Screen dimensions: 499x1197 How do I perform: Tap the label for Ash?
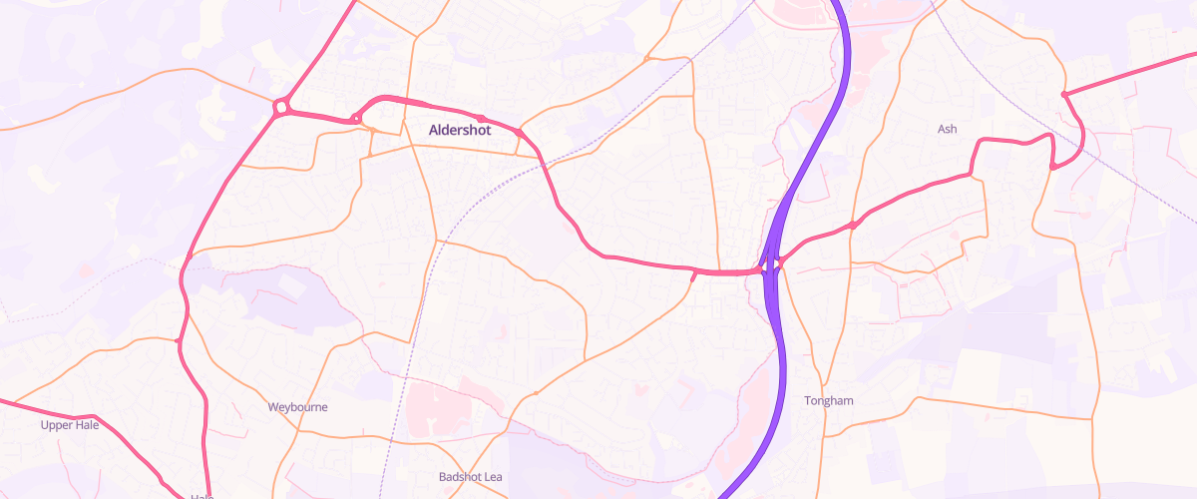[x=948, y=129]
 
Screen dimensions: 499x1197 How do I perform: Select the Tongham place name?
[x=829, y=401]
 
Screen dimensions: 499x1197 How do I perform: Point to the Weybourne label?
[x=298, y=407]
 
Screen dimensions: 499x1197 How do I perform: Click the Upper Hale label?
[x=70, y=425]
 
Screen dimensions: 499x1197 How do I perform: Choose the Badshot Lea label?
[x=471, y=477]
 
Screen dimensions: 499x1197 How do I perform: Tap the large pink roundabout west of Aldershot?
[x=281, y=106]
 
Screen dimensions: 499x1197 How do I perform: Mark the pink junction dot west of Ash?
[x=854, y=226]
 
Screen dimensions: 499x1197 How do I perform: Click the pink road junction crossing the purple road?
[x=770, y=266]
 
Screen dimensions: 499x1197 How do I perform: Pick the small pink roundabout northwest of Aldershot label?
[x=356, y=121]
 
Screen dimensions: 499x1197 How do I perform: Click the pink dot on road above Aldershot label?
[x=481, y=119]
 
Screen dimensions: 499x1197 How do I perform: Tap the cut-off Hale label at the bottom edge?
[x=201, y=495]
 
